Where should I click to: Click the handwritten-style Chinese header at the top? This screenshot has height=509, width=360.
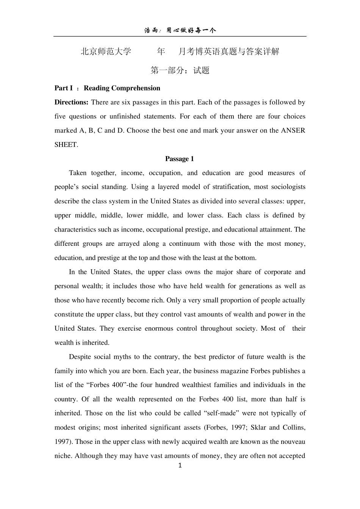coord(180,30)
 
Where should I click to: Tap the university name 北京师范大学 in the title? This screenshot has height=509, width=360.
coord(106,52)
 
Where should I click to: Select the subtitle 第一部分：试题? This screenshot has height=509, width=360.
coord(180,70)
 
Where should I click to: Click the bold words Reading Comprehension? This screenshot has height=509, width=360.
coord(122,88)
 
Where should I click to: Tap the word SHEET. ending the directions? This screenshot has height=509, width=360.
coord(66,145)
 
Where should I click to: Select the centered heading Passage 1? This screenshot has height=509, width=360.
coord(180,159)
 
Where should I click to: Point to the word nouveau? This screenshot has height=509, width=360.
coord(292,442)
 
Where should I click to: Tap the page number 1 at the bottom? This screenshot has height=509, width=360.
coord(180,465)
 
